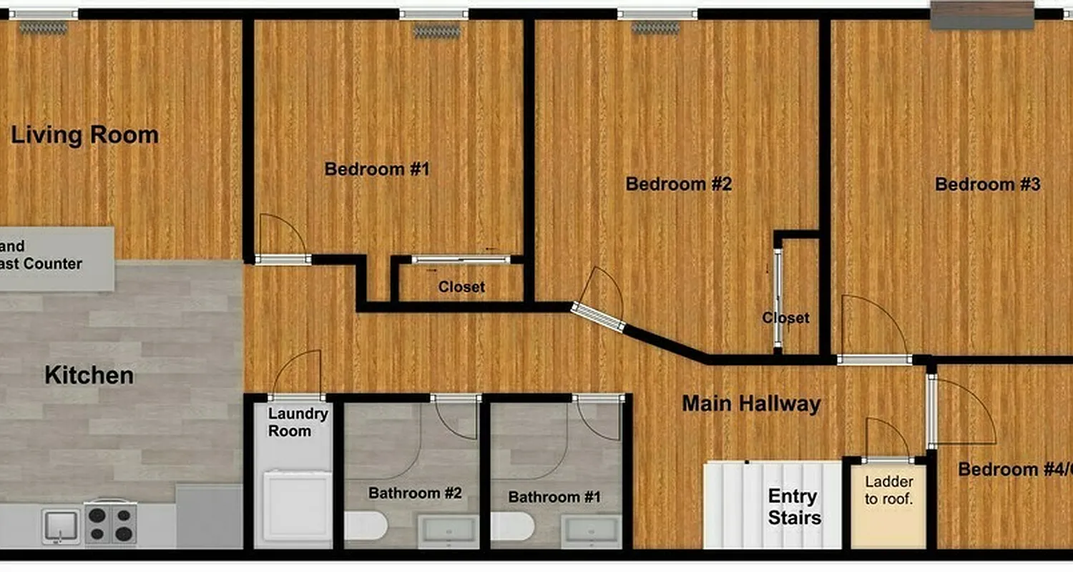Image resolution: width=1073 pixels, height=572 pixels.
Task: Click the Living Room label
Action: [85, 135]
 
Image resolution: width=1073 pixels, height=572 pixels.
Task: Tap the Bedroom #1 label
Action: [376, 169]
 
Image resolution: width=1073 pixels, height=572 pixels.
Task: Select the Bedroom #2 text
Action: [678, 184]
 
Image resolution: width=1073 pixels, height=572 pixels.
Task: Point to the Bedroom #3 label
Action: [987, 184]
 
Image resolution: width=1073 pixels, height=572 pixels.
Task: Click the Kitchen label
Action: [89, 375]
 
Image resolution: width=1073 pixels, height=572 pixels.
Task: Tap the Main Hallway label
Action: [750, 404]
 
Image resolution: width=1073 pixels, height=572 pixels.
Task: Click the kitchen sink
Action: [61, 526]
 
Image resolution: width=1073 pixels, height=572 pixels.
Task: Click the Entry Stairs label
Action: [794, 506]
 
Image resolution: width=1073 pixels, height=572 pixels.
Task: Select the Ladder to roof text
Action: [888, 490]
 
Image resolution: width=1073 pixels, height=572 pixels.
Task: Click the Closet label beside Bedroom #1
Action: [461, 287]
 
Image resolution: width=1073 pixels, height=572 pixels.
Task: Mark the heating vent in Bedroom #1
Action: [437, 31]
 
